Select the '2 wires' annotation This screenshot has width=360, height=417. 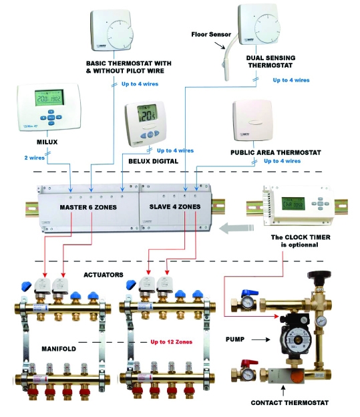point(34,158)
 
